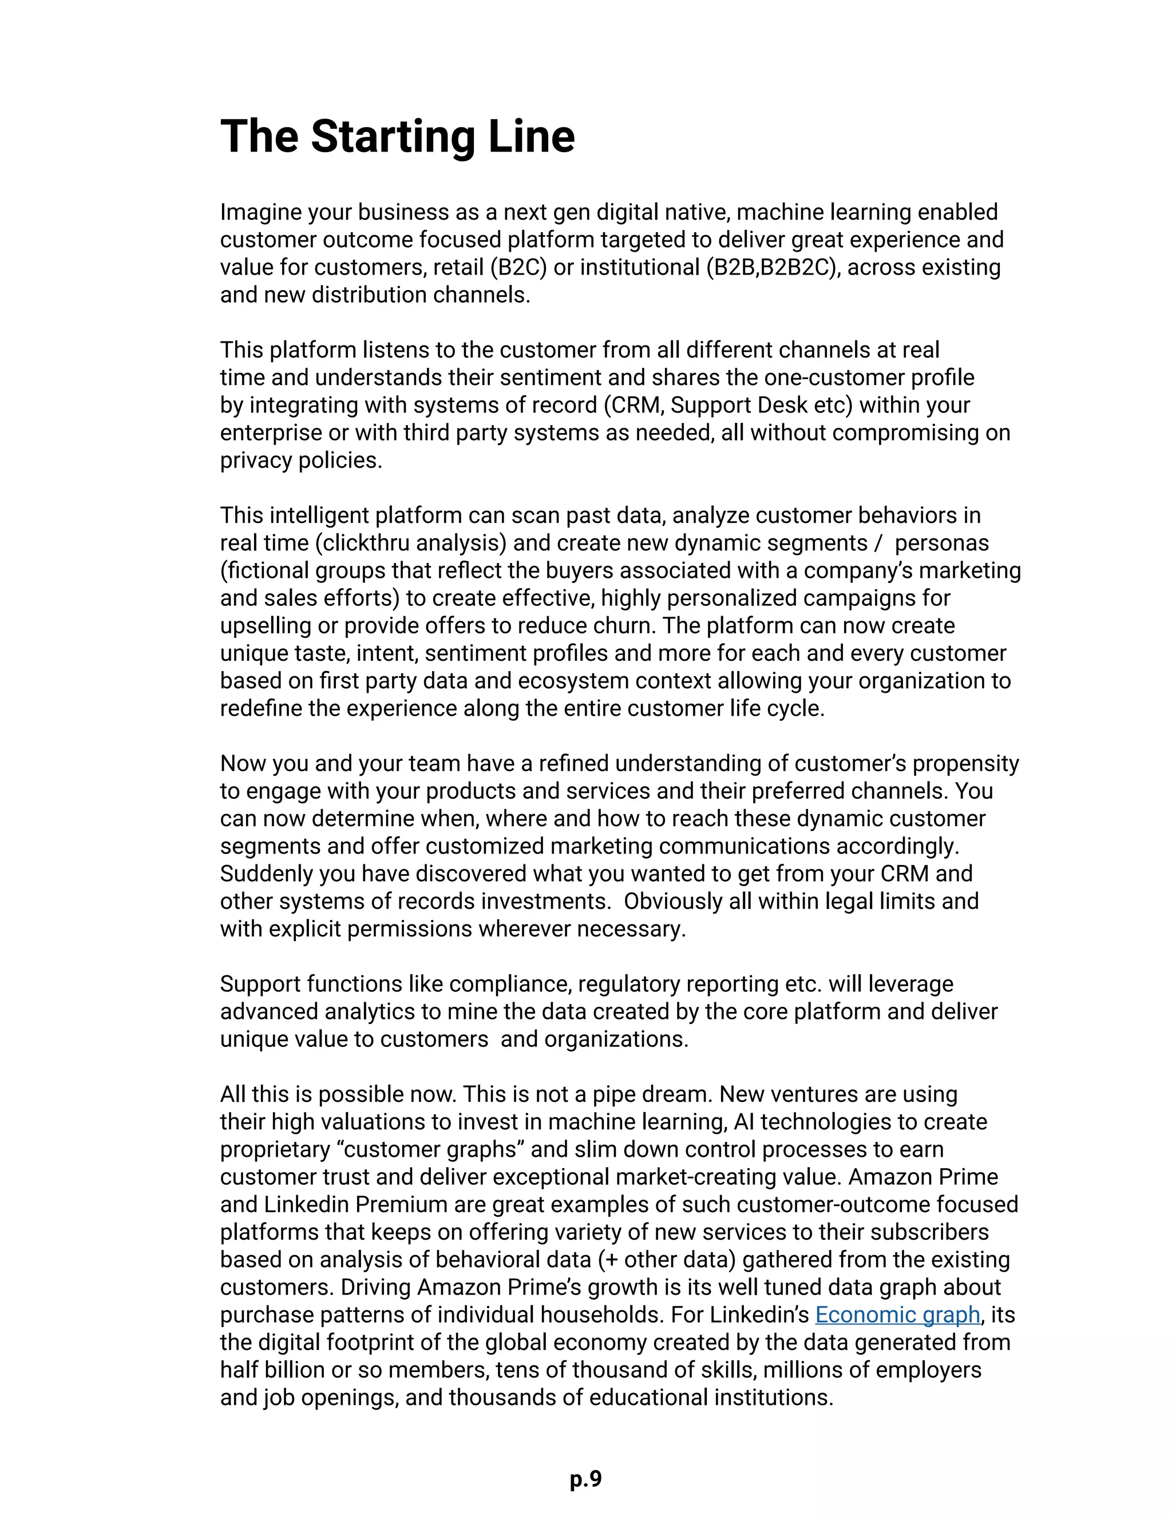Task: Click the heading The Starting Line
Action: point(397,136)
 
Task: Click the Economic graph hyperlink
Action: point(897,1315)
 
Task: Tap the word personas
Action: point(941,543)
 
